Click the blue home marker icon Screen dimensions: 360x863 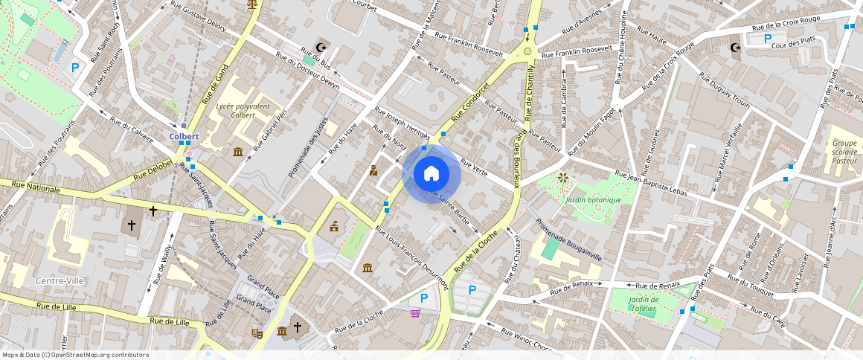point(431,173)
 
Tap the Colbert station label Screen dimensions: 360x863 point(184,137)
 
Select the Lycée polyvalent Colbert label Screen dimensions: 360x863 point(243,111)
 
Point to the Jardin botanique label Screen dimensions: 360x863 point(592,199)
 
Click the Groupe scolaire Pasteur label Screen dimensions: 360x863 point(844,151)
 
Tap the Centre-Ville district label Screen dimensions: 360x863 point(60,281)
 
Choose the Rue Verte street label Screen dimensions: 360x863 point(474,167)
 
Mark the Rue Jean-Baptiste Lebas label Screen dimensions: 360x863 point(651,184)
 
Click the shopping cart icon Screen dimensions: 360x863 point(415,313)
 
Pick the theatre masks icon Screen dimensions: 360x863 point(257,334)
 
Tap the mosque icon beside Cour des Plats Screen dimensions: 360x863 point(736,48)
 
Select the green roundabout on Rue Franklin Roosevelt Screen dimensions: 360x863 point(527,51)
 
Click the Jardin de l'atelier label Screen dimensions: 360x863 point(642,303)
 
